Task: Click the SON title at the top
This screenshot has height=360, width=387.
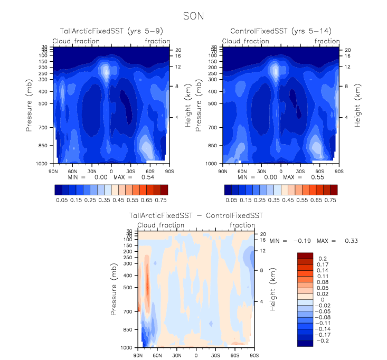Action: click(193, 16)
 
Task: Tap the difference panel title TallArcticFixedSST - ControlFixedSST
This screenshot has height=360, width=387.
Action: click(196, 216)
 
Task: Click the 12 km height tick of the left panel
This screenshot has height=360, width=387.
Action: click(178, 67)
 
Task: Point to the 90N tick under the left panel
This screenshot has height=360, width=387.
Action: click(53, 171)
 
